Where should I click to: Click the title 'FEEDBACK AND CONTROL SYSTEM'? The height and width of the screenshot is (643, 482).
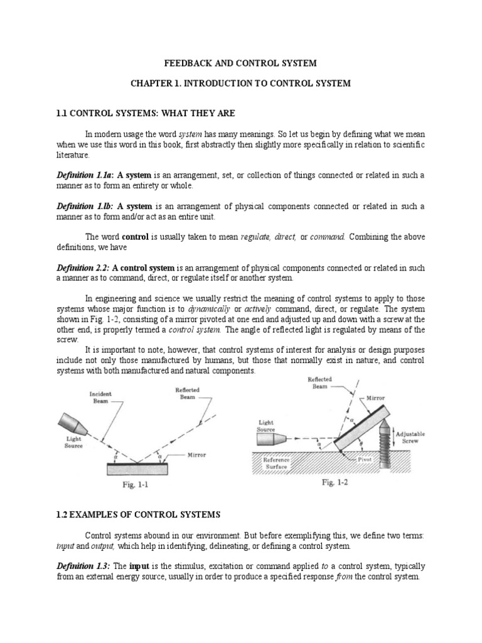(x=240, y=63)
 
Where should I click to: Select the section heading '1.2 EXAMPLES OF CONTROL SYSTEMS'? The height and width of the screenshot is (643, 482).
(x=139, y=515)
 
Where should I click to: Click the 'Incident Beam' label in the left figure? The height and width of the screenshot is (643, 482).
(x=101, y=397)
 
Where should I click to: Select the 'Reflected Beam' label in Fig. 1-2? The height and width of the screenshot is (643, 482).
(x=321, y=383)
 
